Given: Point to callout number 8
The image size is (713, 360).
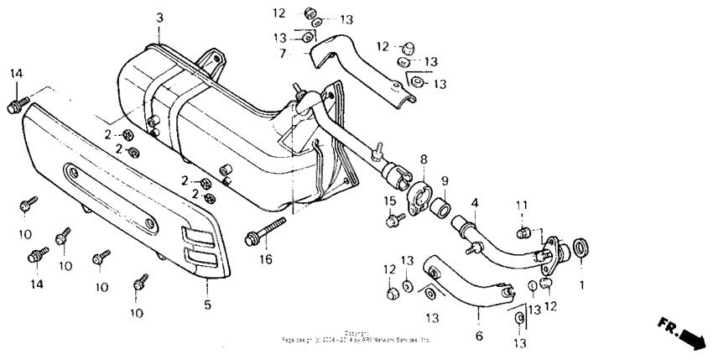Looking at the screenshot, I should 424,159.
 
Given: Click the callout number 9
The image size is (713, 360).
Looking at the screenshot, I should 445,180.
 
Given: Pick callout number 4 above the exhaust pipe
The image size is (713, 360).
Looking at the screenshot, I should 475,202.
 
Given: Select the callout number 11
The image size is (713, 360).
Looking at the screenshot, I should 520,206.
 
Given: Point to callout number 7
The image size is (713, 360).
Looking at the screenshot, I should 283,53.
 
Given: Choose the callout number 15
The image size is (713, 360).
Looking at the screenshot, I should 390,200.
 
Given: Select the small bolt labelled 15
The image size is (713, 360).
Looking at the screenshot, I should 392,220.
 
